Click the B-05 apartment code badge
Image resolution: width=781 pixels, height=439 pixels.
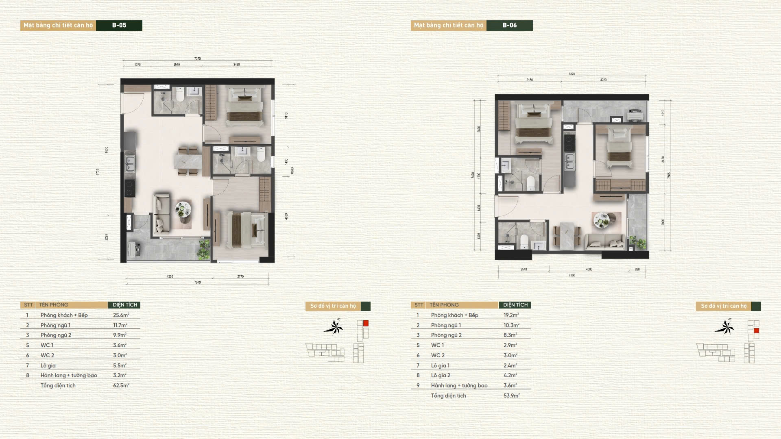click(119, 25)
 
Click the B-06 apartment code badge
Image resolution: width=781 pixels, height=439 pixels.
click(509, 25)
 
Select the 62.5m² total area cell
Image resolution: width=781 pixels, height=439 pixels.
click(121, 385)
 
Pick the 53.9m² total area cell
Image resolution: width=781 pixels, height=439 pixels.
click(511, 396)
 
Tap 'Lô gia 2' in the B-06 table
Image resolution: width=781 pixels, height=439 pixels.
click(441, 376)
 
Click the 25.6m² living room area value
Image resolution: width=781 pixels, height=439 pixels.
click(121, 315)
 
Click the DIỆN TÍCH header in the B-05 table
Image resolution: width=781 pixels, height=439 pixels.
click(124, 305)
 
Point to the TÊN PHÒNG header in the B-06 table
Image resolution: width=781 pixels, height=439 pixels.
click(444, 305)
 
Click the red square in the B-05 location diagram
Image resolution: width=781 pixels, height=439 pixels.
click(366, 324)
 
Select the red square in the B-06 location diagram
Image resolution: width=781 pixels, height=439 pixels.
click(756, 331)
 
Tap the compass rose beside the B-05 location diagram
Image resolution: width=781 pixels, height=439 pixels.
click(334, 327)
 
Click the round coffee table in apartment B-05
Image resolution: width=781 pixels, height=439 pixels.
click(183, 210)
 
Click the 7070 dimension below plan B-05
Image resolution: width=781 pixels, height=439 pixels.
click(197, 283)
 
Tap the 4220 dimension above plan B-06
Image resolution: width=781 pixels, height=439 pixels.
click(603, 80)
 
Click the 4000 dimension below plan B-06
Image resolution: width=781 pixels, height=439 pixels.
click(589, 269)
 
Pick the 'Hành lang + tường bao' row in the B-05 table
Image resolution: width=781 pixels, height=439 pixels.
click(68, 376)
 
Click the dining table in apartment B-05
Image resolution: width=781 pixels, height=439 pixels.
click(188, 161)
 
